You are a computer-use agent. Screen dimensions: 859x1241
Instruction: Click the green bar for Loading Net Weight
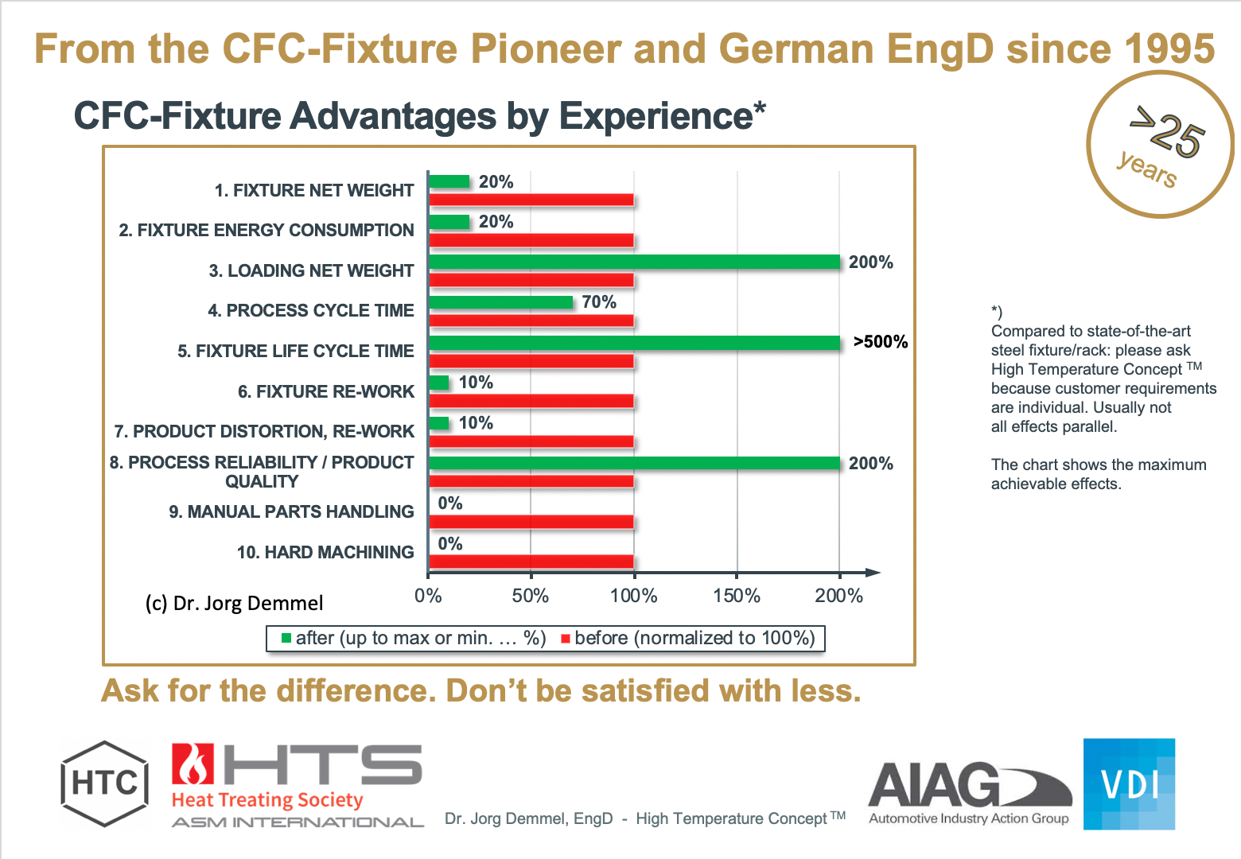[634, 262]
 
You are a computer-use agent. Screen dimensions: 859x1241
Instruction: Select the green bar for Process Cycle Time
[500, 302]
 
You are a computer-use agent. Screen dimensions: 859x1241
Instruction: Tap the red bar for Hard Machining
[531, 562]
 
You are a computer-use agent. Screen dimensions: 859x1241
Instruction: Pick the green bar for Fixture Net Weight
[449, 181]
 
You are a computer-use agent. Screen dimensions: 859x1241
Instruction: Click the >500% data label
[880, 342]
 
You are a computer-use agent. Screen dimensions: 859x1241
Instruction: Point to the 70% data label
[599, 302]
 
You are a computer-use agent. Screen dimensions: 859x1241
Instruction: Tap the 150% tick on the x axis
[737, 596]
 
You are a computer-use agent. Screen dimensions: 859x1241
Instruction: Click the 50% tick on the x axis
[531, 596]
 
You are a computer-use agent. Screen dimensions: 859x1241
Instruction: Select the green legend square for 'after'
[286, 638]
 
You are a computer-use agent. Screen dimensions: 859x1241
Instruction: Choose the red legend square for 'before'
[566, 638]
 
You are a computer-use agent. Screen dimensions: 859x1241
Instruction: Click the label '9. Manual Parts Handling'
[291, 511]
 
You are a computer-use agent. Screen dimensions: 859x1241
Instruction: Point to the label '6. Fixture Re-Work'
[325, 391]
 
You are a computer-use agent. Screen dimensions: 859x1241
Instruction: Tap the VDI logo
[1129, 784]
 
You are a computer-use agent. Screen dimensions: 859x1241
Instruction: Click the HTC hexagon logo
[104, 784]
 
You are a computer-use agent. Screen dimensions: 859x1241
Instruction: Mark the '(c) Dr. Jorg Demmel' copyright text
[234, 604]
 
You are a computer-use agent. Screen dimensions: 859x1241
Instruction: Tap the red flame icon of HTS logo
[193, 765]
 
